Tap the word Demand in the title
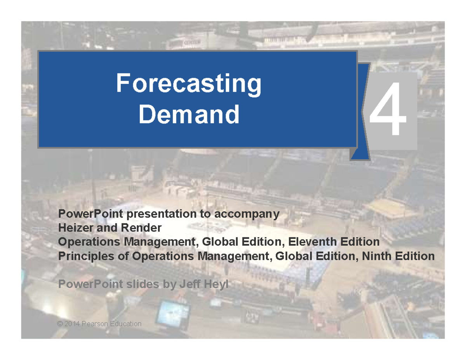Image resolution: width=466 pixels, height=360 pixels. pos(189,115)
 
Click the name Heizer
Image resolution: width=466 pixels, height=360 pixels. pos(73,228)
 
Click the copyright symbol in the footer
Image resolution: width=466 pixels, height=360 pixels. pos(59,323)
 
